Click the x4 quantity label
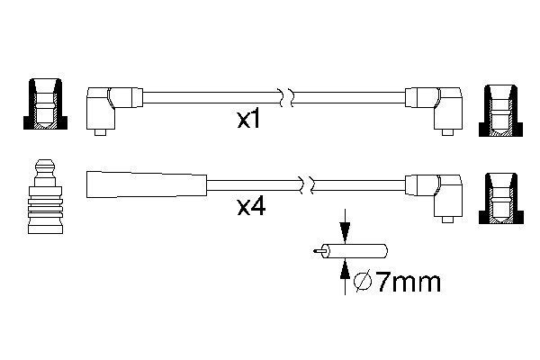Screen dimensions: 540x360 coord(251,207)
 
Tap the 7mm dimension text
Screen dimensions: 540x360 coord(409,283)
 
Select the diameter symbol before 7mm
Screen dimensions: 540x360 coord(363,282)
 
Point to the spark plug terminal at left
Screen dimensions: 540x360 coord(46,196)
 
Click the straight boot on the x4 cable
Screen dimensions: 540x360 coord(147,184)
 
